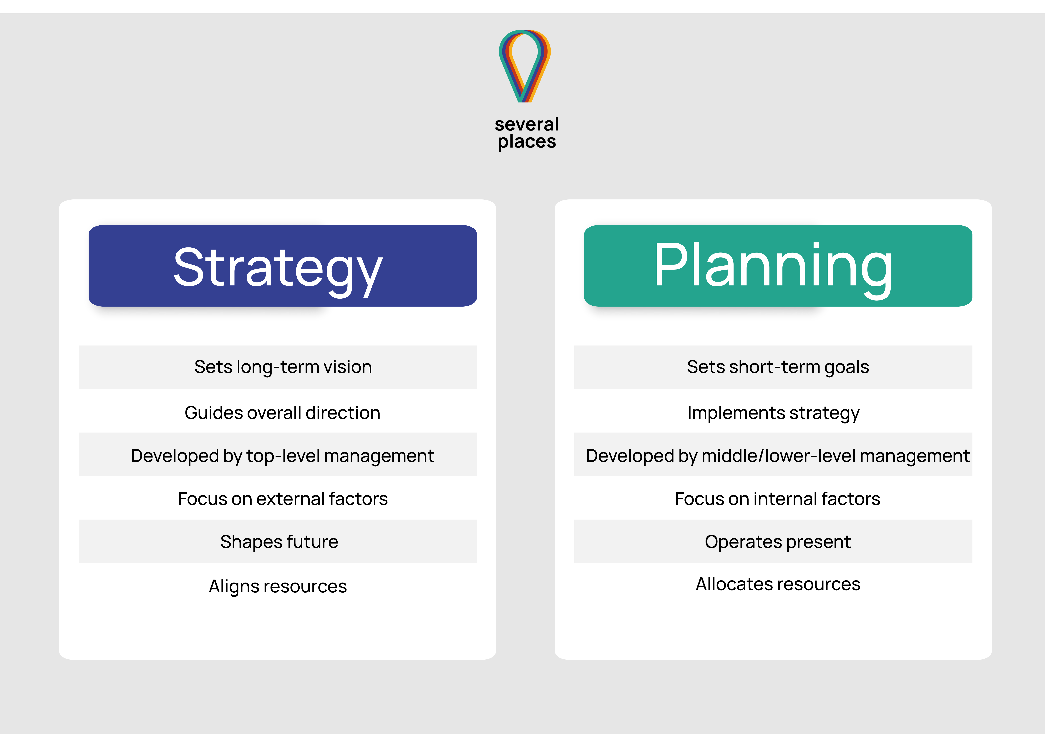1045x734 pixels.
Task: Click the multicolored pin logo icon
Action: [525, 66]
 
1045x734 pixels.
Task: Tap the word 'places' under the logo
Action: [527, 142]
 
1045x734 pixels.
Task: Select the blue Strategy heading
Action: [283, 266]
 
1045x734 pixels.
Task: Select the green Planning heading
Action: [778, 266]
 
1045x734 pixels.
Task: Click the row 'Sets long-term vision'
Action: [283, 367]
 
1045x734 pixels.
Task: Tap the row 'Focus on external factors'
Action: [283, 499]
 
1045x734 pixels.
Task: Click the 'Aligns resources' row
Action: [278, 586]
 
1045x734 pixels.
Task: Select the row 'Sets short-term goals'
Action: [778, 367]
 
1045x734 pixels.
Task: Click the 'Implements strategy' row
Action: [773, 413]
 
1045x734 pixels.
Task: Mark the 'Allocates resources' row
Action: [778, 584]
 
